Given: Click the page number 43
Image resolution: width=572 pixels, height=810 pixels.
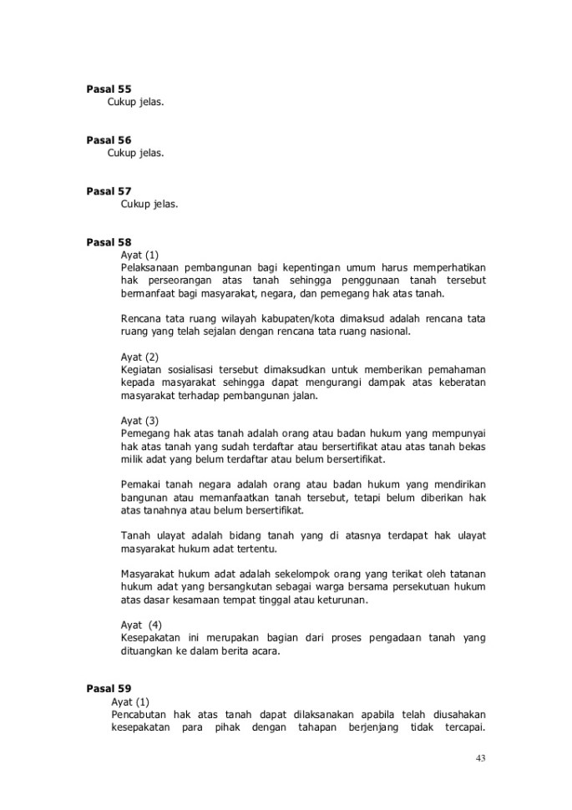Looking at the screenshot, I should pyautogui.click(x=479, y=758).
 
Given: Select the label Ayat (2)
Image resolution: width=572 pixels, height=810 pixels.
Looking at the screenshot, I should pyautogui.click(x=139, y=357).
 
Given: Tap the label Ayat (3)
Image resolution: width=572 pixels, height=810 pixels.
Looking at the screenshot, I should pyautogui.click(x=139, y=420).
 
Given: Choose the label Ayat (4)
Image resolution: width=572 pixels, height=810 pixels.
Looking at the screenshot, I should pyautogui.click(x=140, y=624).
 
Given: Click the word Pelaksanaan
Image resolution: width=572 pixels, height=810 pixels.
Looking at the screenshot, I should pyautogui.click(x=153, y=267).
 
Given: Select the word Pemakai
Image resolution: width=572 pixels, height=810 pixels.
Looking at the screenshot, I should pyautogui.click(x=141, y=484).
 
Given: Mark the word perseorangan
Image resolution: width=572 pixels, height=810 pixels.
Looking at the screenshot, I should pyautogui.click(x=178, y=281).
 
